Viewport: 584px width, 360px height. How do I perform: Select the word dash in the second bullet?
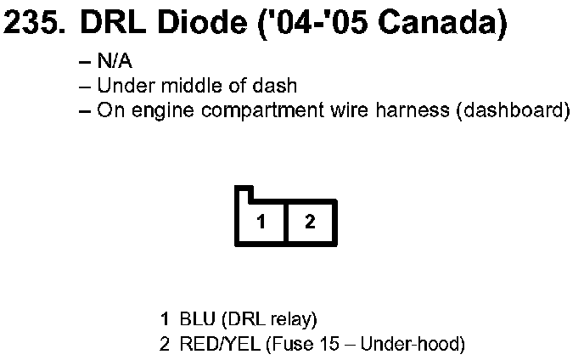tap(279, 86)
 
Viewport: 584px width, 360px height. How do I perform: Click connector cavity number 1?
tap(262, 222)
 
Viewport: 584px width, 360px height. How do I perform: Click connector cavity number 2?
tap(311, 222)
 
